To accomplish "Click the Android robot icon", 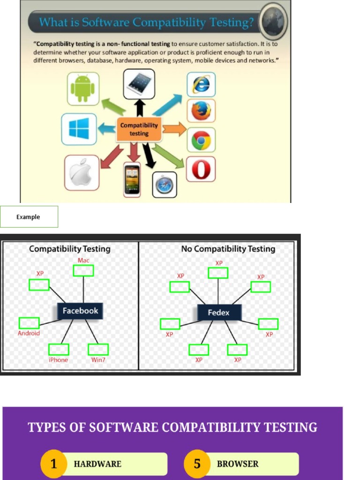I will click(83, 88).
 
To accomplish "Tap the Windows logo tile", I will click(79, 129).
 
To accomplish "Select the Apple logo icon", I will click(82, 172).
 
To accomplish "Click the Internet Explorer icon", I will click(201, 84).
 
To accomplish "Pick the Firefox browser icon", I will click(201, 111).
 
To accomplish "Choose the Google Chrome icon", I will click(201, 140).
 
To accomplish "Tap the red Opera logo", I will click(201, 169).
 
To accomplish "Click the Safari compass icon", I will click(165, 185).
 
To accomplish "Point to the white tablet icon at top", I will click(139, 83).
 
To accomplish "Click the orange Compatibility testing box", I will click(139, 129).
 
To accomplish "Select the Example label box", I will click(29, 217).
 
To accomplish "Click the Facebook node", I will click(80, 311).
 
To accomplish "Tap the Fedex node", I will click(218, 312).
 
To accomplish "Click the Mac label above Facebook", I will click(83, 260).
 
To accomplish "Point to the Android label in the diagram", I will click(29, 333).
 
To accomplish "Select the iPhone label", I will click(59, 360).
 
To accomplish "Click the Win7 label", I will click(98, 360).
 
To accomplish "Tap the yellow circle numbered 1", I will click(53, 464).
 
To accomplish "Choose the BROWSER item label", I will click(238, 464).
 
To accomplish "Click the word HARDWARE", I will click(97, 464).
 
